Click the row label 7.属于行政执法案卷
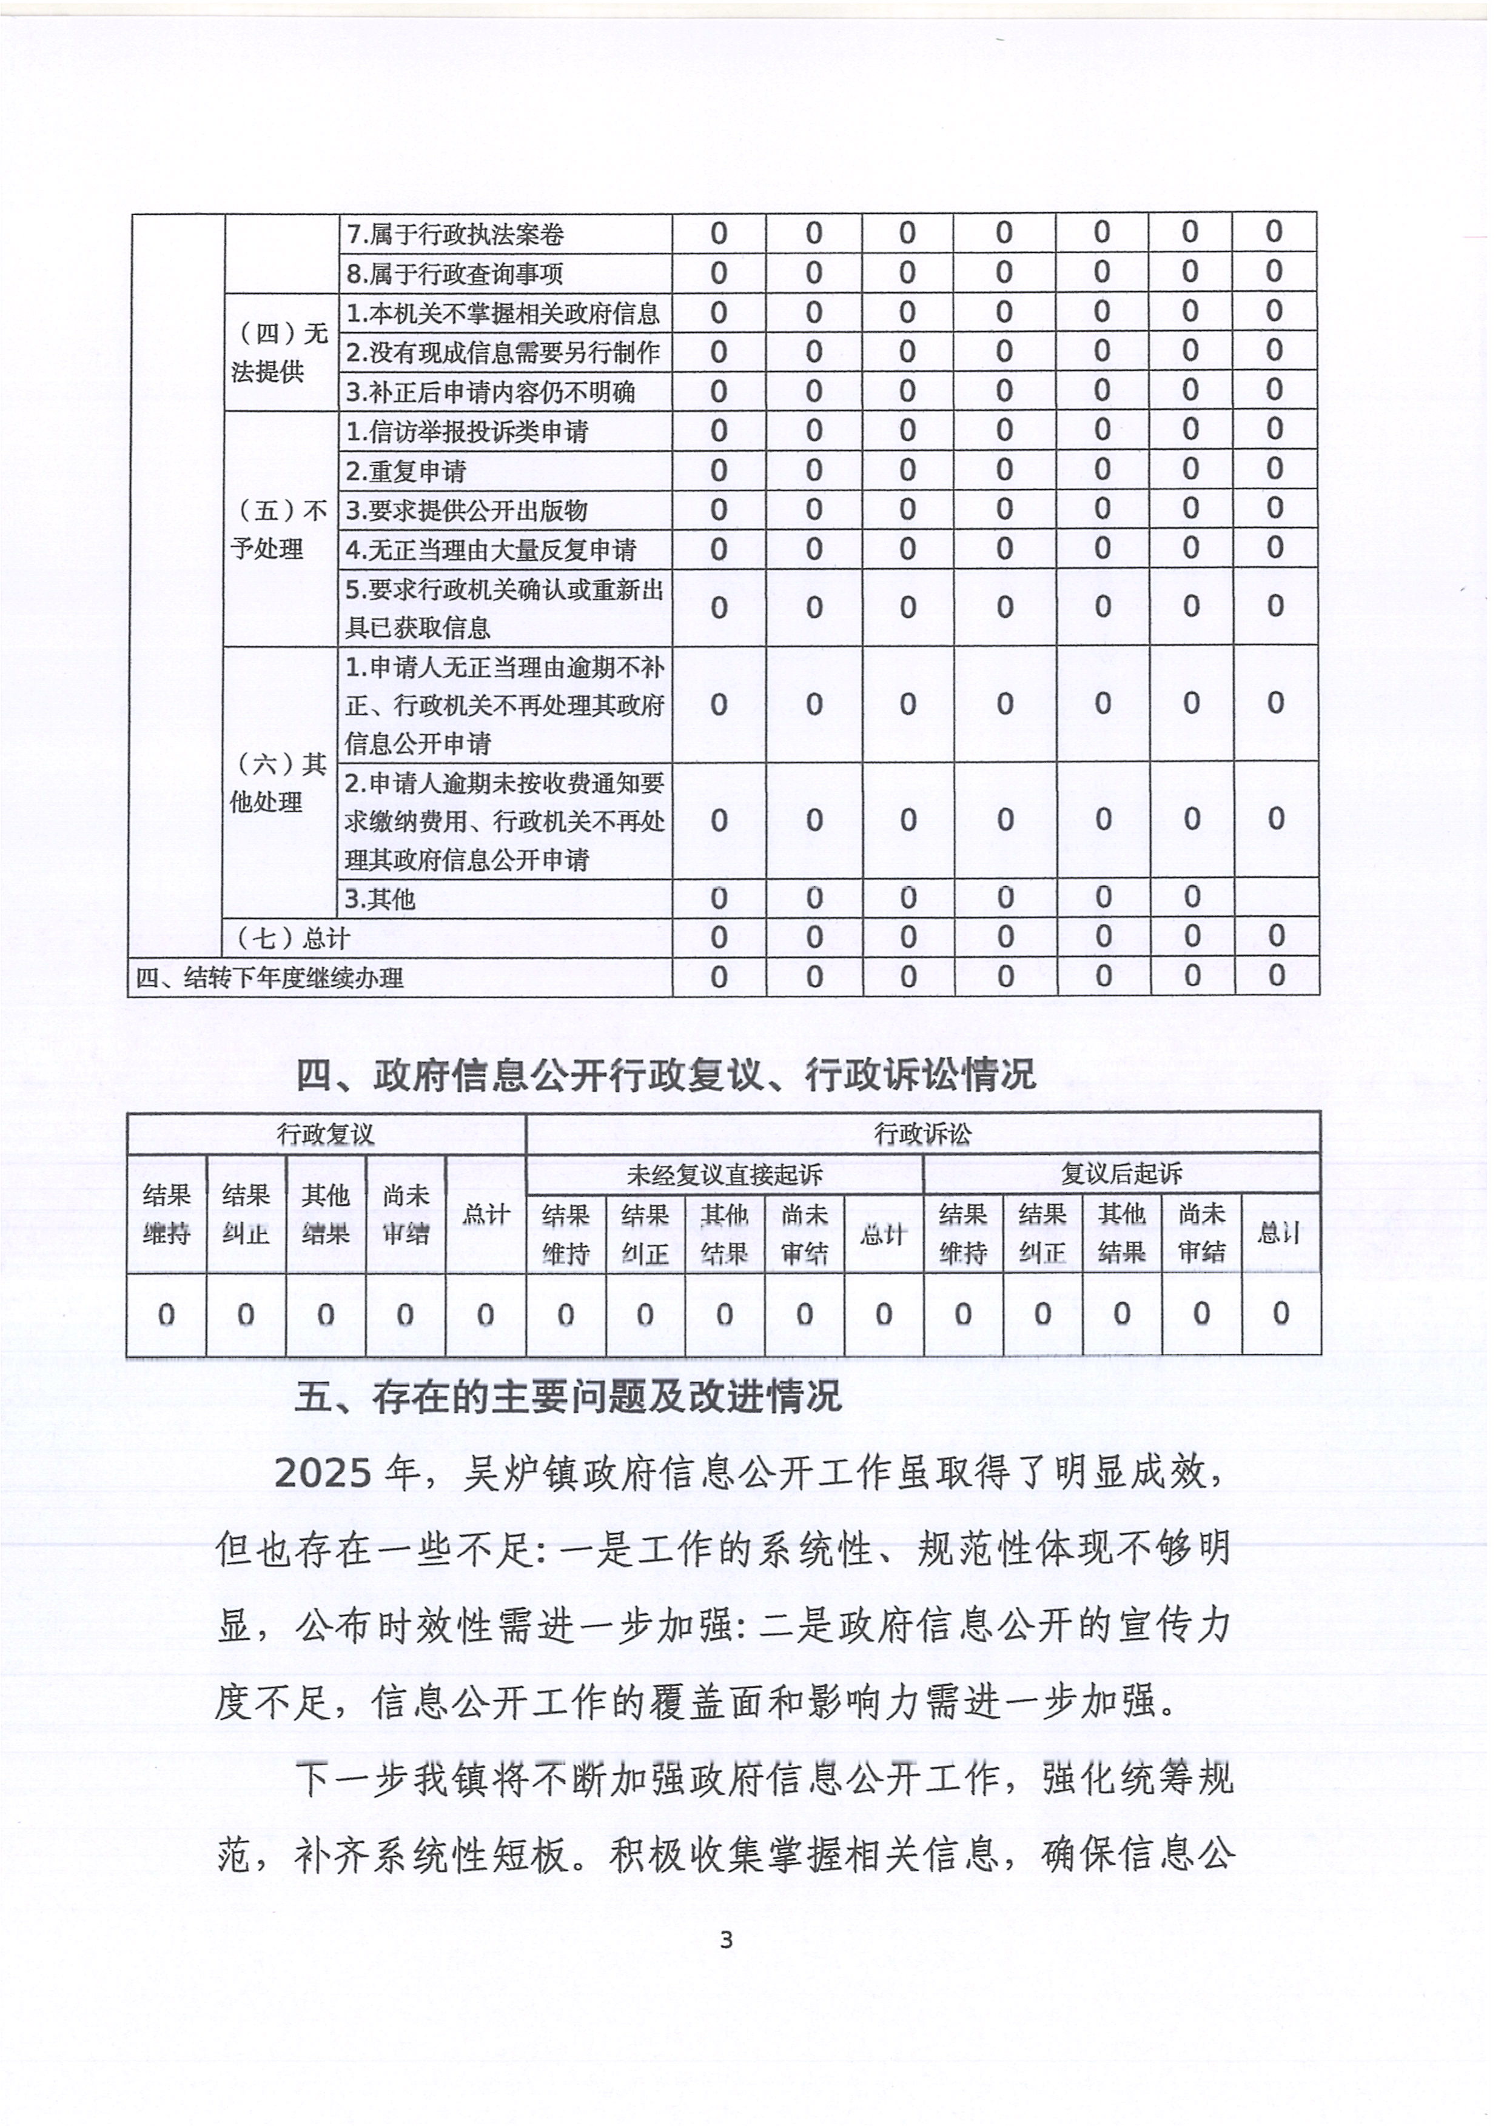pyautogui.click(x=455, y=234)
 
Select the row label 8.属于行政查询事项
pyautogui.click(x=455, y=274)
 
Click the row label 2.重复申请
pyautogui.click(x=406, y=471)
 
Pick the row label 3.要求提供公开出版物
pyautogui.click(x=467, y=510)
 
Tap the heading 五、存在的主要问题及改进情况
pyautogui.click(x=568, y=1396)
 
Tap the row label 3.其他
pyautogui.click(x=381, y=899)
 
